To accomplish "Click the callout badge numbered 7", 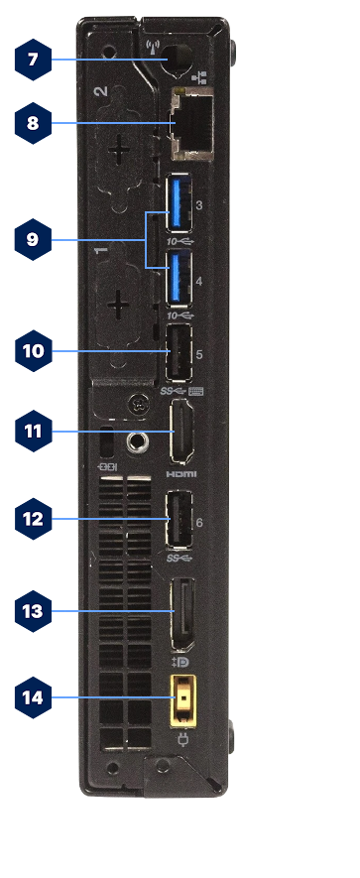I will point(33,60).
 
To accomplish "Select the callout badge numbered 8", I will point(33,124).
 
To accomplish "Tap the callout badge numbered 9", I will point(33,241).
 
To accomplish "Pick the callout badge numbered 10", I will point(33,350).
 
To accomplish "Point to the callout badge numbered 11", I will point(33,432).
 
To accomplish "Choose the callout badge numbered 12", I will point(33,519).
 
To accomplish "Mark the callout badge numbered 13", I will point(33,611).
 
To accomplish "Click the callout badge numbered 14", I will point(33,697).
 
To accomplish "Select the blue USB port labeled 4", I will point(181,278).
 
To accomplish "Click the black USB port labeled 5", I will point(180,353).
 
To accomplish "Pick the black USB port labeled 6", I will point(180,520).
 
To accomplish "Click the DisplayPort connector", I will point(183,613).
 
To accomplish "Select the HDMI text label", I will point(182,474).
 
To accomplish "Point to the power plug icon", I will point(183,739).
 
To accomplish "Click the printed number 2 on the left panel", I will point(100,93).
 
